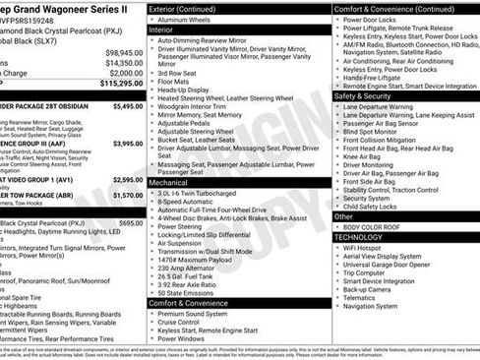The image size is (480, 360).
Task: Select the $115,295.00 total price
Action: tap(121, 84)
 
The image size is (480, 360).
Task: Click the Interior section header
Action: tap(160, 30)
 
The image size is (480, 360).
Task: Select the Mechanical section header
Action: tap(168, 183)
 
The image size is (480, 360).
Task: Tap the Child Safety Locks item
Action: tap(381, 207)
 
